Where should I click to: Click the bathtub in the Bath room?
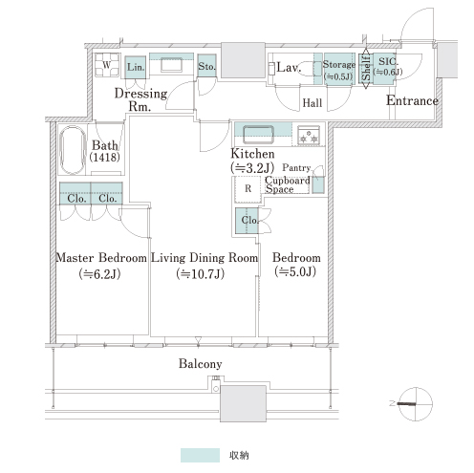coord(73,150)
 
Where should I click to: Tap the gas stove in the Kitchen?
coord(309,135)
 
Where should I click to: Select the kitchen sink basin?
coord(258,135)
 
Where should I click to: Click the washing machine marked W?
coord(107,65)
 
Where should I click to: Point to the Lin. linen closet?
coord(136,67)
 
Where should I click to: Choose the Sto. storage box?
coord(206,66)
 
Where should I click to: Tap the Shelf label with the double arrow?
coord(366,69)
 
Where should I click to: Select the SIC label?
coord(388,61)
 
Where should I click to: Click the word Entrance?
coord(412,100)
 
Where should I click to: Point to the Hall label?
coord(312,103)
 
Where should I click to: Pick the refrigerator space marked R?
coord(248,189)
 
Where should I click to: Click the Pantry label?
coord(296,167)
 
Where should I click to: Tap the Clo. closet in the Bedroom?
coord(247,221)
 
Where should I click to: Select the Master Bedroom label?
coord(101,257)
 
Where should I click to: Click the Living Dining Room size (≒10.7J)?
coord(201,274)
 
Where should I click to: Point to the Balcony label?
coord(200,363)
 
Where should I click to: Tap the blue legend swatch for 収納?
coord(200,455)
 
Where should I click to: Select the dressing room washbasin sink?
coord(171,65)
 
